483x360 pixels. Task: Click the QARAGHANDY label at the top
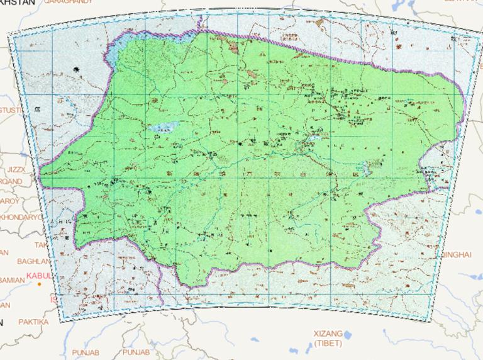[68, 2]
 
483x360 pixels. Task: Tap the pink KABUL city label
[38, 276]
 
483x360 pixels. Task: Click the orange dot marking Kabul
[39, 284]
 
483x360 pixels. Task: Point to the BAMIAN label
[13, 279]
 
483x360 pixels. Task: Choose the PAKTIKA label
[33, 322]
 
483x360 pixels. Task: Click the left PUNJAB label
[85, 352]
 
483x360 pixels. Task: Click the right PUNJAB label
[136, 352]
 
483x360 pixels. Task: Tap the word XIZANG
[328, 334]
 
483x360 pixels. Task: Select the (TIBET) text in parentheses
[328, 343]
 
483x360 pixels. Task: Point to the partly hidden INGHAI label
[455, 254]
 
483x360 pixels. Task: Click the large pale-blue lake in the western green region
[162, 127]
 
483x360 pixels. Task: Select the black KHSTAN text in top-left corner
[18, 3]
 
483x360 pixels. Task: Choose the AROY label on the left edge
[9, 201]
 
